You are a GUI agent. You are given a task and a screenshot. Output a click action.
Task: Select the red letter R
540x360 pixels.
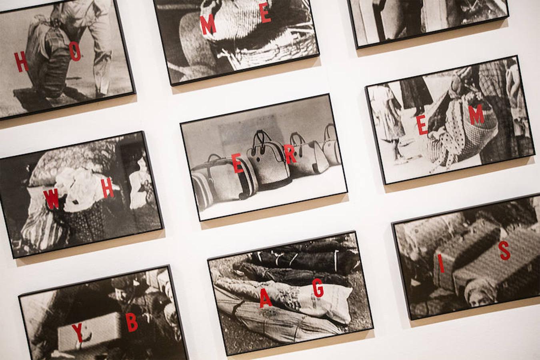point(290,155)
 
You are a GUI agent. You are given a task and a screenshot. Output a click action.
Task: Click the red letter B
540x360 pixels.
point(132,323)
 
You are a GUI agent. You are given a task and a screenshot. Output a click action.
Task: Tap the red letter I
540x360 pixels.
point(441,262)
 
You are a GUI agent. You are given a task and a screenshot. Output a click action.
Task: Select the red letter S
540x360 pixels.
point(505,251)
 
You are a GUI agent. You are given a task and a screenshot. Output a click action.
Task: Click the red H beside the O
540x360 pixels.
point(21,62)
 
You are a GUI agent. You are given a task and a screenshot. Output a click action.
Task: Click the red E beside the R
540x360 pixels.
point(238,164)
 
